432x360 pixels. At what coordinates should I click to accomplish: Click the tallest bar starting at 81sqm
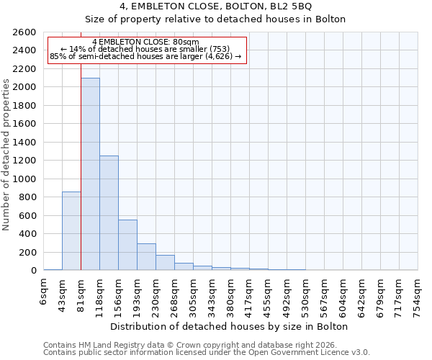pyautogui.click(x=90, y=174)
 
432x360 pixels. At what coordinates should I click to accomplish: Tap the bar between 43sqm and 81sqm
pyautogui.click(x=71, y=230)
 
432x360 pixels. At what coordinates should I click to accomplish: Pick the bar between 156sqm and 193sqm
pyautogui.click(x=127, y=245)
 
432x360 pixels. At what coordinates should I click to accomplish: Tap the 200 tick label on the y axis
pyautogui.click(x=28, y=252)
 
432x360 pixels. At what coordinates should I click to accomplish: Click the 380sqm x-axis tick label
pyautogui.click(x=231, y=292)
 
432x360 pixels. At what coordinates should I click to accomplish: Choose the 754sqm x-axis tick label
pyautogui.click(x=418, y=292)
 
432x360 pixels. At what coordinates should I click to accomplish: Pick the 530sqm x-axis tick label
pyautogui.click(x=306, y=292)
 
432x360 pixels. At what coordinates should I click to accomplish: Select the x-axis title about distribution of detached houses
pyautogui.click(x=230, y=326)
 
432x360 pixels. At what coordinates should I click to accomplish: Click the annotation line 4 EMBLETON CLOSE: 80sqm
pyautogui.click(x=146, y=42)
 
